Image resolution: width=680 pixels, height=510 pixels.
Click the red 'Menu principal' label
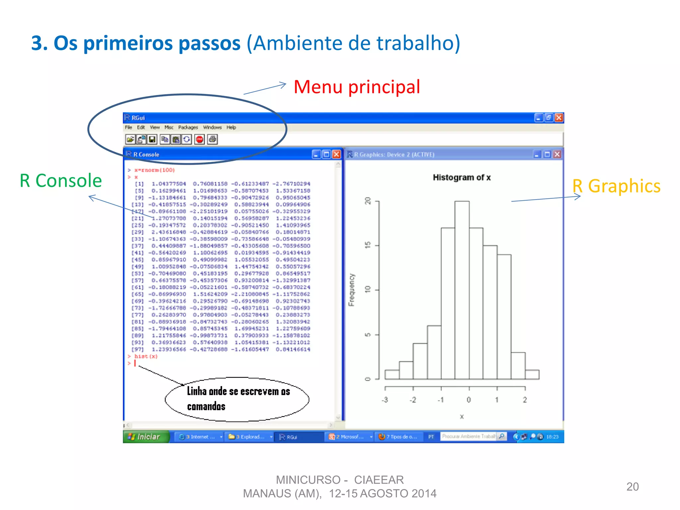[357, 87]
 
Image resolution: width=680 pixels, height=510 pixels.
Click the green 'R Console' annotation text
[61, 181]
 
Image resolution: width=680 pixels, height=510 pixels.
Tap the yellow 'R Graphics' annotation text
[616, 186]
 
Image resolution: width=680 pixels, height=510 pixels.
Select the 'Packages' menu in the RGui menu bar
[188, 127]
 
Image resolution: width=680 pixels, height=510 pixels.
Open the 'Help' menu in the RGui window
[231, 127]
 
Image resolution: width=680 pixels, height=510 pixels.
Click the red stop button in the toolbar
[200, 139]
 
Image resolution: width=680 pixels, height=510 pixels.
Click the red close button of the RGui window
[559, 118]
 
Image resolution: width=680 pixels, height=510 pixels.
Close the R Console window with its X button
[336, 154]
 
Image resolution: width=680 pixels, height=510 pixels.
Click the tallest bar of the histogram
[462, 289]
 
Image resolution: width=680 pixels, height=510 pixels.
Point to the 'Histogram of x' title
[462, 178]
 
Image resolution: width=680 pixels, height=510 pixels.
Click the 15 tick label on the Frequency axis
[368, 245]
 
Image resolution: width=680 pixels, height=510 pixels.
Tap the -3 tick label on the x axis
[385, 400]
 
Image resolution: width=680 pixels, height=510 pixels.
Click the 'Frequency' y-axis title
[352, 290]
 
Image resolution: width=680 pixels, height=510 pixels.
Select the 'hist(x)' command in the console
[146, 357]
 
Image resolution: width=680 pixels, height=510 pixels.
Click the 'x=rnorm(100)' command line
[154, 170]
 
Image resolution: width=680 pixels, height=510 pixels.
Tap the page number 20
[632, 487]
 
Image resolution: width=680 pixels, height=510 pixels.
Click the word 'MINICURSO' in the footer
[308, 480]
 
